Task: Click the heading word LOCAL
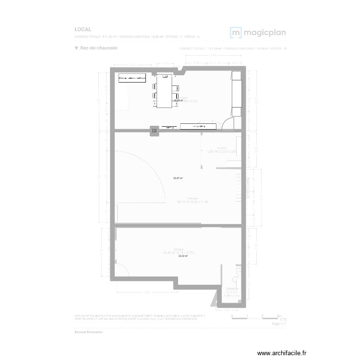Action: [x=83, y=29]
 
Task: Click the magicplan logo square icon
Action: [x=236, y=33]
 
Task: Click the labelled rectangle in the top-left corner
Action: [x=132, y=77]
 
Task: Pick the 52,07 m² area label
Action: [x=178, y=178]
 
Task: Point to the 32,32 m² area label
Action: [x=183, y=256]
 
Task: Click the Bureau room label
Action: [x=221, y=148]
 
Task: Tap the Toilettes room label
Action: [x=231, y=289]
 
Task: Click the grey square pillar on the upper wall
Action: [x=155, y=130]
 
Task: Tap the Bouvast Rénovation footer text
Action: [x=88, y=332]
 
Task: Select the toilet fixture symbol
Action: [x=235, y=280]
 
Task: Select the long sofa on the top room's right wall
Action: [x=236, y=91]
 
